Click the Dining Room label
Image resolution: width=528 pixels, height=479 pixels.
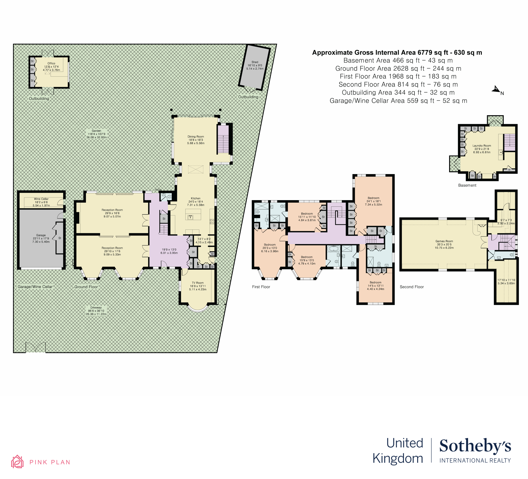click(x=196, y=137)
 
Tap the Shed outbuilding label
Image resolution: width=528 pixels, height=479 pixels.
click(x=255, y=62)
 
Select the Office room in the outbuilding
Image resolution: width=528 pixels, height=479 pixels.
click(x=52, y=67)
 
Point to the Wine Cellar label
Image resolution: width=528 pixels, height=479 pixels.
click(x=41, y=199)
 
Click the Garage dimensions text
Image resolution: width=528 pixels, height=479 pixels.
click(x=41, y=240)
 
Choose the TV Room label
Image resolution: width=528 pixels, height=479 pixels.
click(x=198, y=283)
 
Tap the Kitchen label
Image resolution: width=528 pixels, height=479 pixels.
click(x=196, y=199)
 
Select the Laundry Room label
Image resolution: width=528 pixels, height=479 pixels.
click(x=482, y=146)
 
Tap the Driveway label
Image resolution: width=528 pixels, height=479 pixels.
click(x=96, y=308)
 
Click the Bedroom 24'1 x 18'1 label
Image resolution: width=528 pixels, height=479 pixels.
click(x=373, y=198)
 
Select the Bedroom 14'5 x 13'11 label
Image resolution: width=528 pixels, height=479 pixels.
click(x=376, y=283)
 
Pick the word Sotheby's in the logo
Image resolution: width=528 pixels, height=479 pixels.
click(x=475, y=446)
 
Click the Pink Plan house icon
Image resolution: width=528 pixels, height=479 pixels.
click(x=17, y=462)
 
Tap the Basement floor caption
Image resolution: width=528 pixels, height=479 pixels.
click(x=467, y=185)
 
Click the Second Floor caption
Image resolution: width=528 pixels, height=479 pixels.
click(x=411, y=287)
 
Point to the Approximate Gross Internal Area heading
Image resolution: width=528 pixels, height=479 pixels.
click(x=397, y=53)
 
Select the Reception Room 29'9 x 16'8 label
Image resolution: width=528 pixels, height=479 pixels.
click(x=112, y=210)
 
